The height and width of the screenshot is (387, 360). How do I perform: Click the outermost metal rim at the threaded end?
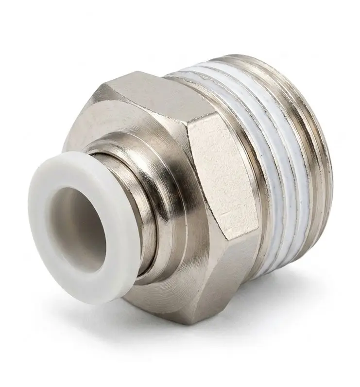321,160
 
